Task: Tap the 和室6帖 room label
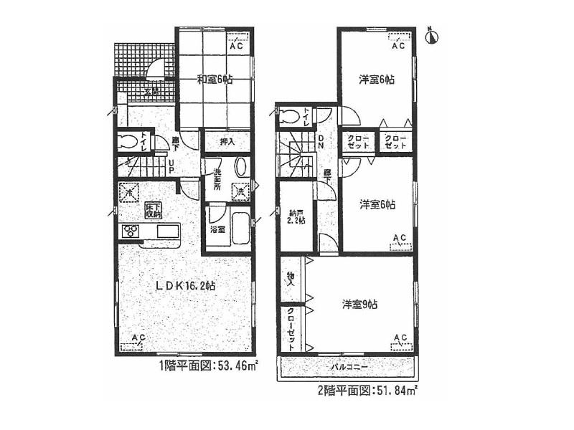(215, 80)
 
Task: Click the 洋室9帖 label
(360, 305)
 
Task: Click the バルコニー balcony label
(349, 367)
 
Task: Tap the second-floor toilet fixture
(288, 116)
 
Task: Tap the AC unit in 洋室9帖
(400, 342)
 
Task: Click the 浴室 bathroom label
(217, 230)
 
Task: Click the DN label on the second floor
(321, 141)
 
